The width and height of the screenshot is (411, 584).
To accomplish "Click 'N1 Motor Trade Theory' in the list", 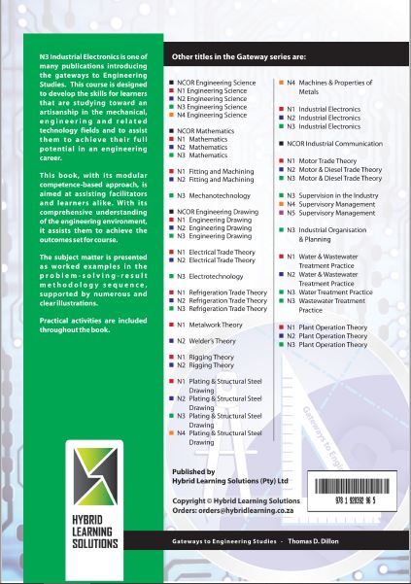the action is coord(324,160).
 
